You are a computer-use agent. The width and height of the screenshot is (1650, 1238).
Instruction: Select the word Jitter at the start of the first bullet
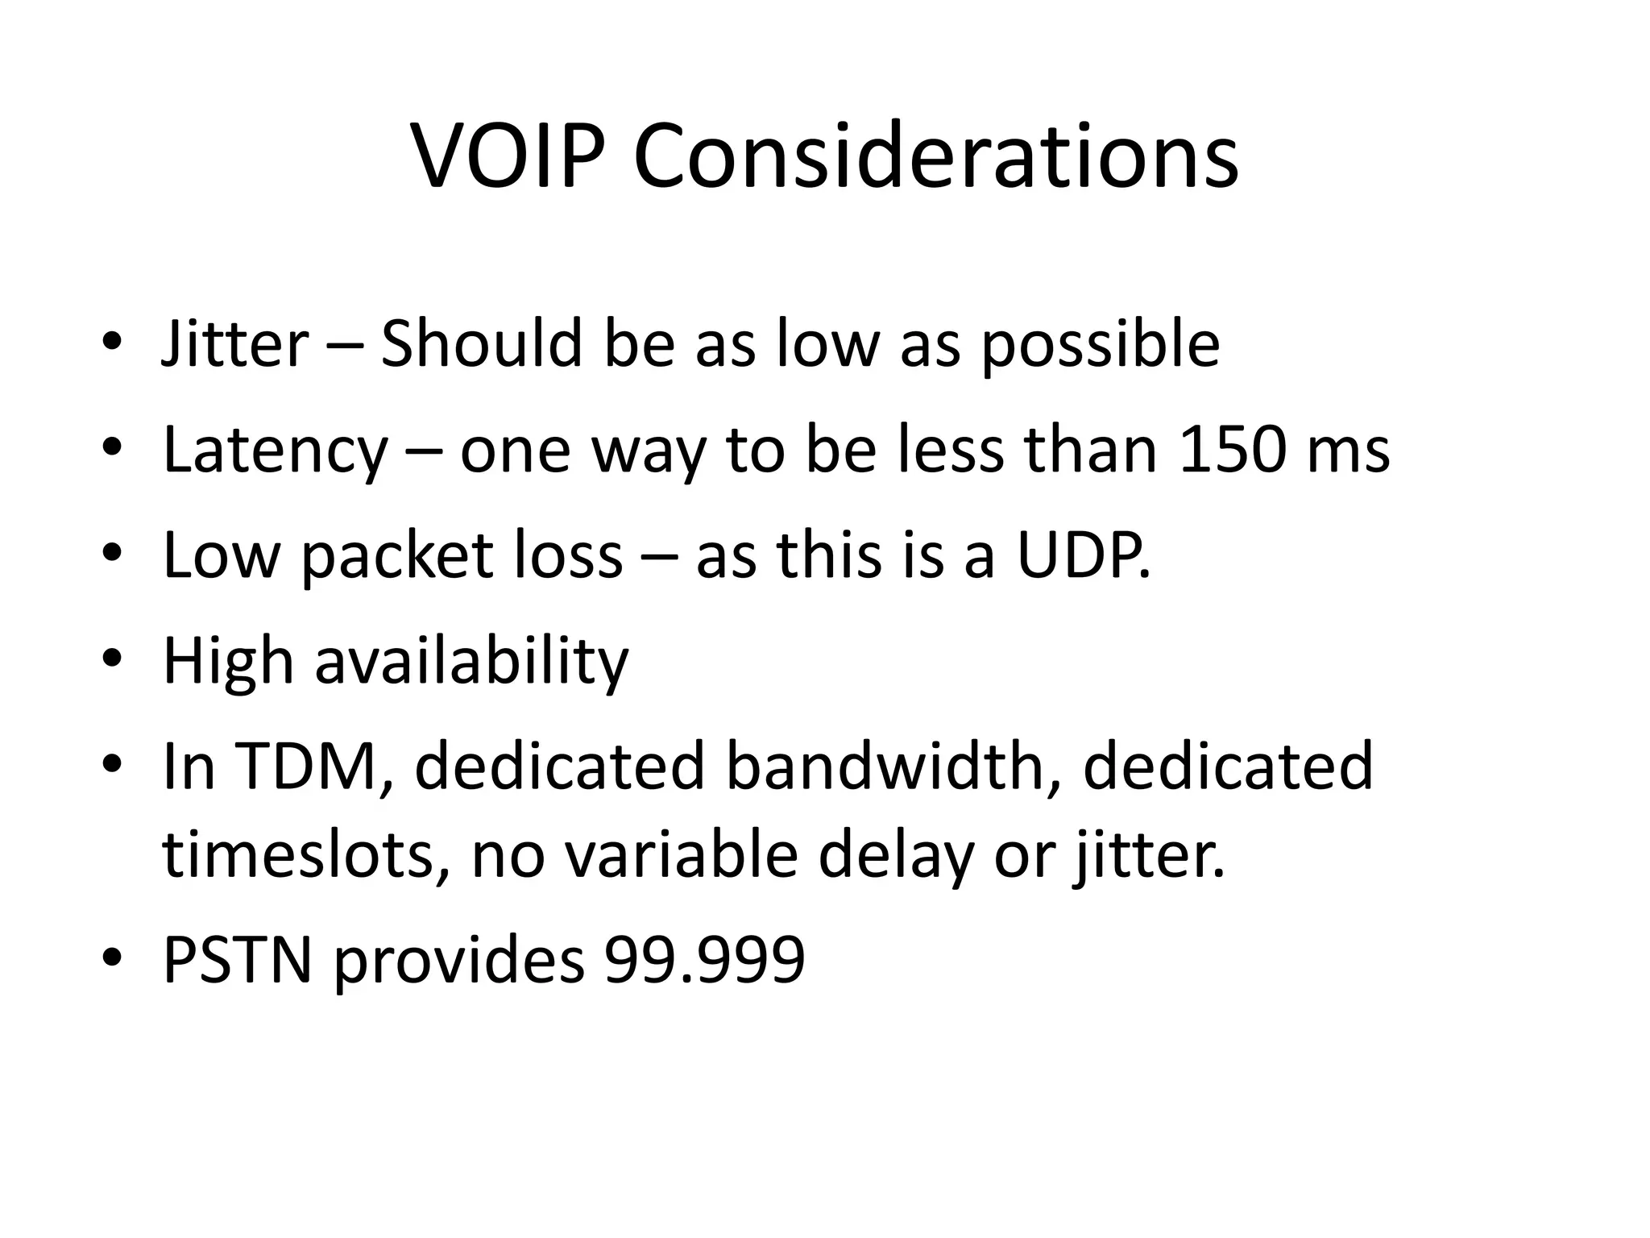[235, 345]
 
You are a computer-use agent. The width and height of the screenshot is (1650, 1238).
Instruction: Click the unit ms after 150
[1349, 451]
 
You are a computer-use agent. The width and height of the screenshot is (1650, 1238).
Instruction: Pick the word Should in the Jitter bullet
[481, 345]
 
